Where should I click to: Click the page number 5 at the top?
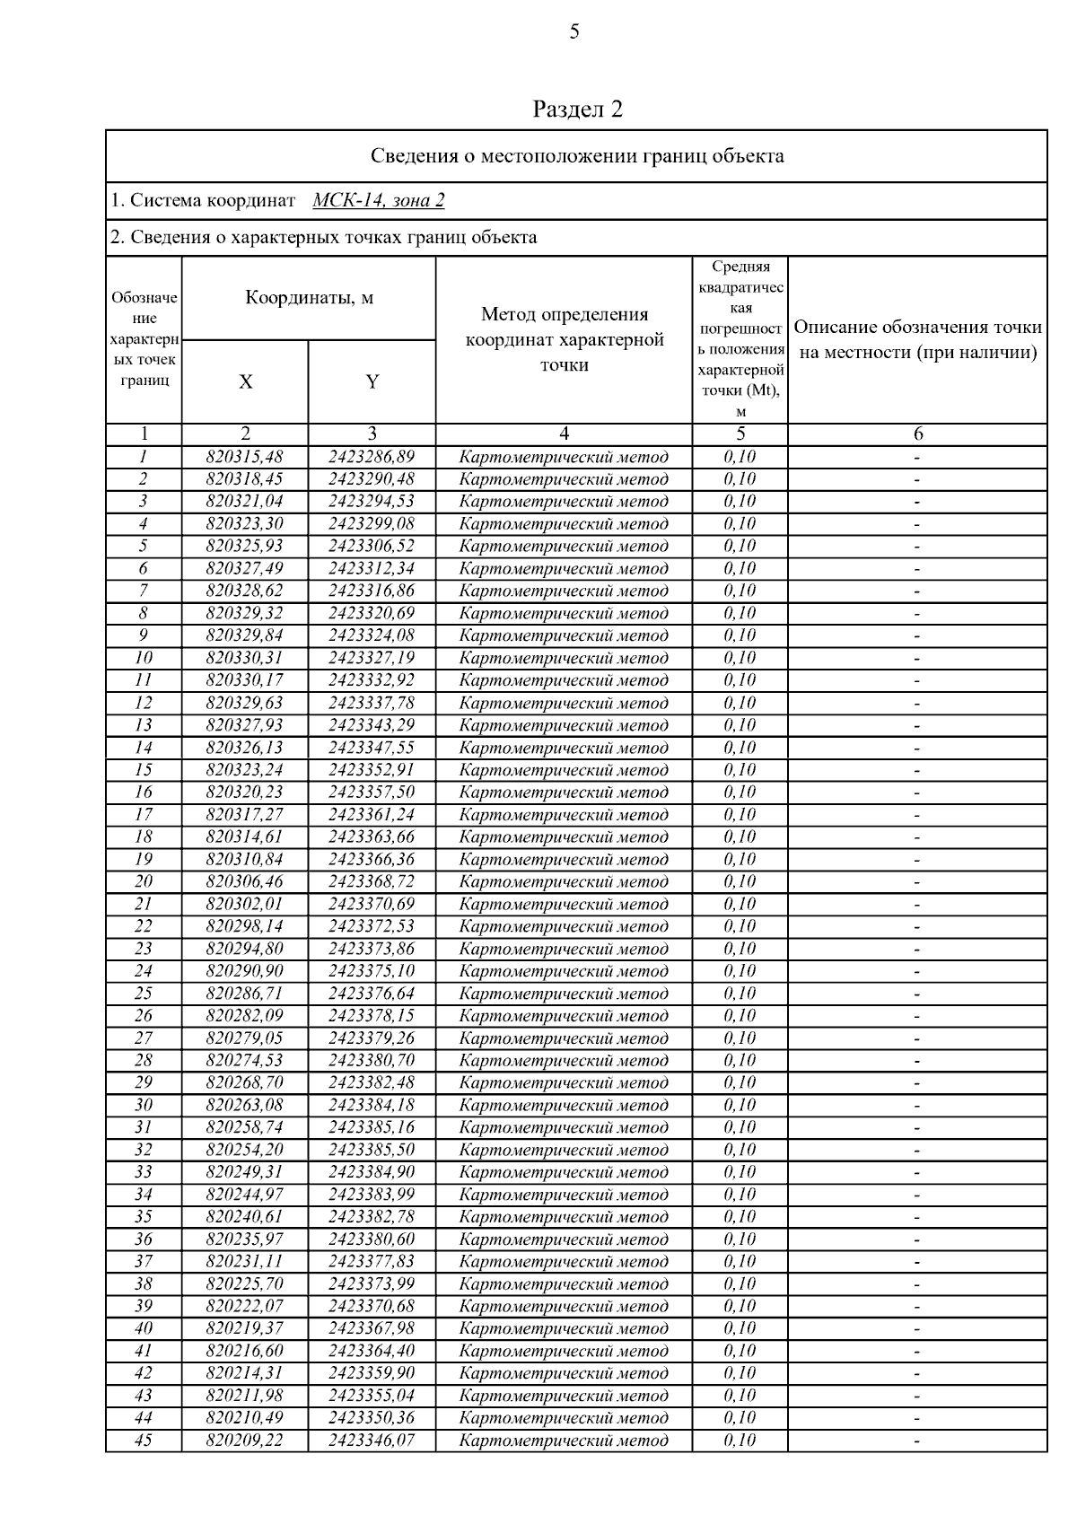tap(574, 32)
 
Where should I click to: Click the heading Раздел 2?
tap(577, 109)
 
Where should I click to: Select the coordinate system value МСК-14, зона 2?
tap(378, 200)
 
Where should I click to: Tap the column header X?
tap(245, 381)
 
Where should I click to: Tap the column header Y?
tap(372, 381)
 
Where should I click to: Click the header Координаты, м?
tap(309, 298)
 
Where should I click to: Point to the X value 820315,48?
tap(244, 457)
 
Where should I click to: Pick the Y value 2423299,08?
tap(372, 523)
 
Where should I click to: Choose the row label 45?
tap(143, 1440)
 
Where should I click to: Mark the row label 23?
tap(143, 949)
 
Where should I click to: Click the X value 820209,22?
tap(244, 1440)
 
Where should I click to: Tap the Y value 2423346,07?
tap(372, 1440)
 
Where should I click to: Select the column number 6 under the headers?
tap(917, 434)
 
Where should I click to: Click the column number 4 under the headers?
tap(564, 434)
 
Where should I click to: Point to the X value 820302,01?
tap(244, 904)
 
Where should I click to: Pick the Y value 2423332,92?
tap(372, 680)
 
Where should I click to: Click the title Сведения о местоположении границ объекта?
tap(577, 156)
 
